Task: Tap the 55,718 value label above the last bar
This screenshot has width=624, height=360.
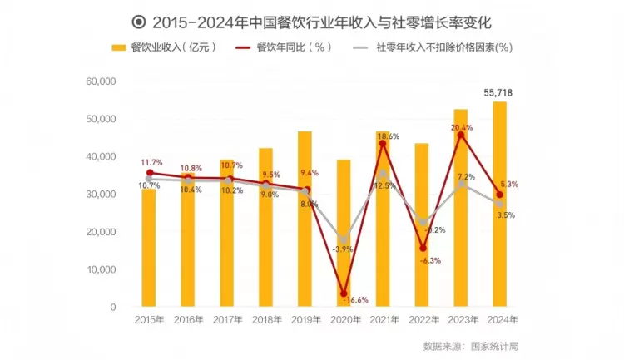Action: pyautogui.click(x=499, y=92)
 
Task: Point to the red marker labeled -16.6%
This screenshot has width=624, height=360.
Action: pyautogui.click(x=344, y=293)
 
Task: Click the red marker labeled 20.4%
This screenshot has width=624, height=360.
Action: pyautogui.click(x=461, y=135)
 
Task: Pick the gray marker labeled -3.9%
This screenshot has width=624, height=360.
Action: pyautogui.click(x=344, y=240)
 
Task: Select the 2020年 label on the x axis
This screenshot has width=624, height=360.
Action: pyautogui.click(x=344, y=320)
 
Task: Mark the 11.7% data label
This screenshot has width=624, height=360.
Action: pyautogui.click(x=151, y=163)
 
